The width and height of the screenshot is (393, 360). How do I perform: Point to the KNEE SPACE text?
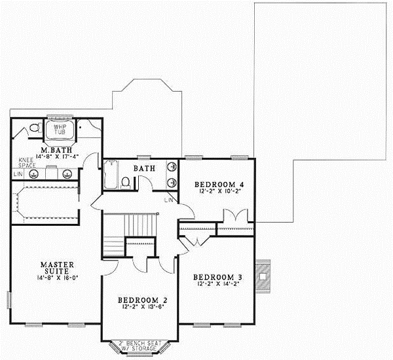[x=26, y=163]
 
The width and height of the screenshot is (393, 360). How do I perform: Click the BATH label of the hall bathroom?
[x=144, y=169]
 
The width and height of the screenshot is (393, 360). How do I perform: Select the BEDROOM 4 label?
[x=216, y=185]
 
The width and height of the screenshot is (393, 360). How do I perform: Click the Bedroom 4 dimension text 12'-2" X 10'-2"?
[x=216, y=193]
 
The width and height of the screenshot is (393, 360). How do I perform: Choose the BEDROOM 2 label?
[x=140, y=301]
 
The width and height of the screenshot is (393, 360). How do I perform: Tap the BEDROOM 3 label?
[x=215, y=276]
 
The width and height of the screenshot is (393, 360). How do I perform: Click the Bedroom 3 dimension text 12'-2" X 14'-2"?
[x=215, y=284]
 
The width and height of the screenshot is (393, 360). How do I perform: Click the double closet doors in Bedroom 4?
[x=234, y=216]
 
